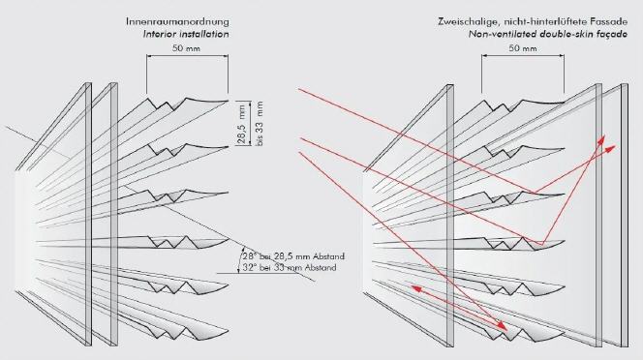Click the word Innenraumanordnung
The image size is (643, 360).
177,21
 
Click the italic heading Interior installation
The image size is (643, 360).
186,34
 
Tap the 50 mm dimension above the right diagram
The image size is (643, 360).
523,48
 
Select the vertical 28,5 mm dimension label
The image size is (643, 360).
242,124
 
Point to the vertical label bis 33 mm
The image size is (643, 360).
260,124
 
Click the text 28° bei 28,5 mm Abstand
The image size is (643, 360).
293,256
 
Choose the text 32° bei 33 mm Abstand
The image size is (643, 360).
290,268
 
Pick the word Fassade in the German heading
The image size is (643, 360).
611,21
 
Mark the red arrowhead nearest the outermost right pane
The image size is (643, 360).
611,149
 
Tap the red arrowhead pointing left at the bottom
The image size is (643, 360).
416,288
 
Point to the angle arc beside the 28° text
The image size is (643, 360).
241,259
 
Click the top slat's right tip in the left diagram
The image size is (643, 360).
228,101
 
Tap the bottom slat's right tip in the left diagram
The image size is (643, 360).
228,329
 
